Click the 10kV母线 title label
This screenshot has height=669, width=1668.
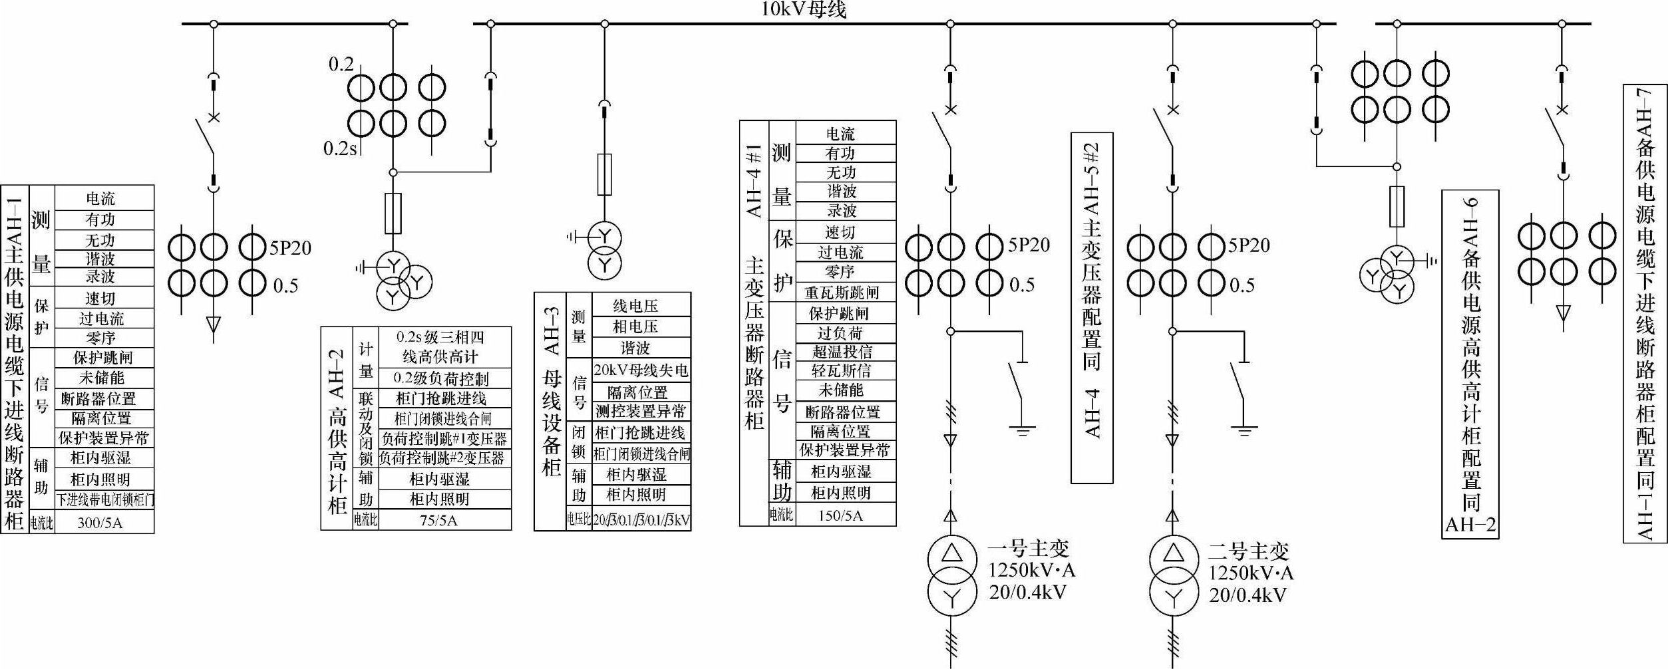803,9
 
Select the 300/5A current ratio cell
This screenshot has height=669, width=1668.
100,523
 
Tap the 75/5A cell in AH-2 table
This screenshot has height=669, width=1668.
438,520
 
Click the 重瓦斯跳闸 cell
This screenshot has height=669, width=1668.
842,293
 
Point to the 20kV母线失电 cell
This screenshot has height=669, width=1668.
640,370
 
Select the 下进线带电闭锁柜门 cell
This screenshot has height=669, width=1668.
104,499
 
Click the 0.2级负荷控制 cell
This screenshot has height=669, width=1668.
440,379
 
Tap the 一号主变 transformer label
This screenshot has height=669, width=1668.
1027,549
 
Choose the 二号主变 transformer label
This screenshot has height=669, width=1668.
1248,551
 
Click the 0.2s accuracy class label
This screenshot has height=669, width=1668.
339,148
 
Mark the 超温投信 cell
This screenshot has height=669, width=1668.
842,352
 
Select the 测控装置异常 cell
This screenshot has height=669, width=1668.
640,412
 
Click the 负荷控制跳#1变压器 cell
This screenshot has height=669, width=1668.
444,439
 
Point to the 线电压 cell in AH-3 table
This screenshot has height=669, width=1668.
635,306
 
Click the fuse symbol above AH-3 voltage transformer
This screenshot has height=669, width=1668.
604,174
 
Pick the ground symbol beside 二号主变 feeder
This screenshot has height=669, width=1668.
1244,430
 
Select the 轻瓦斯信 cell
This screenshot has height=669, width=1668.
842,371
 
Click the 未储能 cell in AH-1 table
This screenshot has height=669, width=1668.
102,378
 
